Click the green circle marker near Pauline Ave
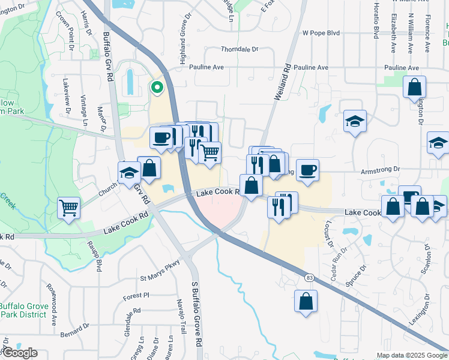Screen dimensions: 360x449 [x=157, y=88]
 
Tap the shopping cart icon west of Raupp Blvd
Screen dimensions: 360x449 [x=69, y=208]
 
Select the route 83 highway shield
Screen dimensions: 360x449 [x=309, y=277]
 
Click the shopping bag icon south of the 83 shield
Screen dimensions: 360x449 [x=306, y=301]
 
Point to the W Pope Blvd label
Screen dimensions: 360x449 [x=321, y=33]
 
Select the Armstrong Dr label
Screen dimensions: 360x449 [x=380, y=170]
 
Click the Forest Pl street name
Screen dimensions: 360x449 [x=136, y=295]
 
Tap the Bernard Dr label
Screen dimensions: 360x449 [x=75, y=329]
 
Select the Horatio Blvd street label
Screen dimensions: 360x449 [x=376, y=17]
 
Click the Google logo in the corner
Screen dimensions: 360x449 [x=19, y=353]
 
